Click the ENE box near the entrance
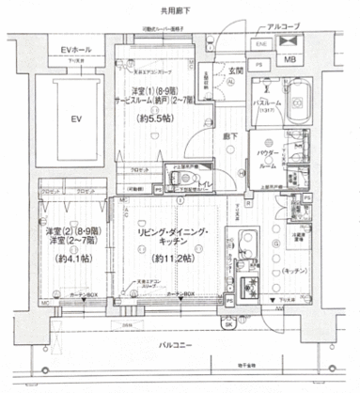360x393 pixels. coord(259,43)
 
